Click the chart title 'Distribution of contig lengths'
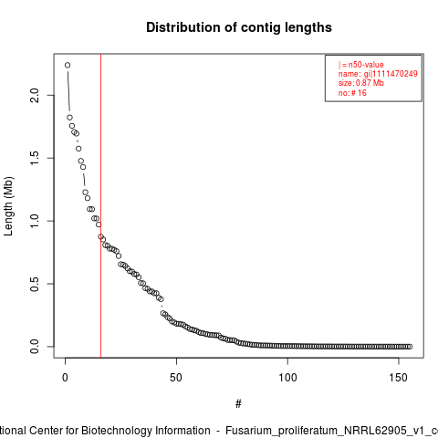pyautogui.click(x=239, y=27)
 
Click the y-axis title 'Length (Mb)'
pyautogui.click(x=8, y=206)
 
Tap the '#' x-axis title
pyautogui.click(x=238, y=404)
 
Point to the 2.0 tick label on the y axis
pyautogui.click(x=35, y=95)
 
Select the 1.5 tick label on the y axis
pyautogui.click(x=35, y=158)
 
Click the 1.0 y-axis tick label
pyautogui.click(x=35, y=221)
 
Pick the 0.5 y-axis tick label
pyautogui.click(x=35, y=284)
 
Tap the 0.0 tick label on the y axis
pyautogui.click(x=35, y=347)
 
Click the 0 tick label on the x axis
pyautogui.click(x=65, y=378)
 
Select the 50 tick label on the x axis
pyautogui.click(x=176, y=378)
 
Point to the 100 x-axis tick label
pyautogui.click(x=287, y=378)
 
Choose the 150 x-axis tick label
pyautogui.click(x=399, y=378)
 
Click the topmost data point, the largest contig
pyautogui.click(x=68, y=65)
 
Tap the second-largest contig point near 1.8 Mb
pyautogui.click(x=69, y=118)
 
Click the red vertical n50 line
pyautogui.click(x=100, y=205)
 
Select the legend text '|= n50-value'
pyautogui.click(x=360, y=65)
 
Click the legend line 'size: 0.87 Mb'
pyautogui.click(x=360, y=83)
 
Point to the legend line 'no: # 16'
pyautogui.click(x=352, y=93)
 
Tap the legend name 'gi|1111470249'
pyautogui.click(x=391, y=74)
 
